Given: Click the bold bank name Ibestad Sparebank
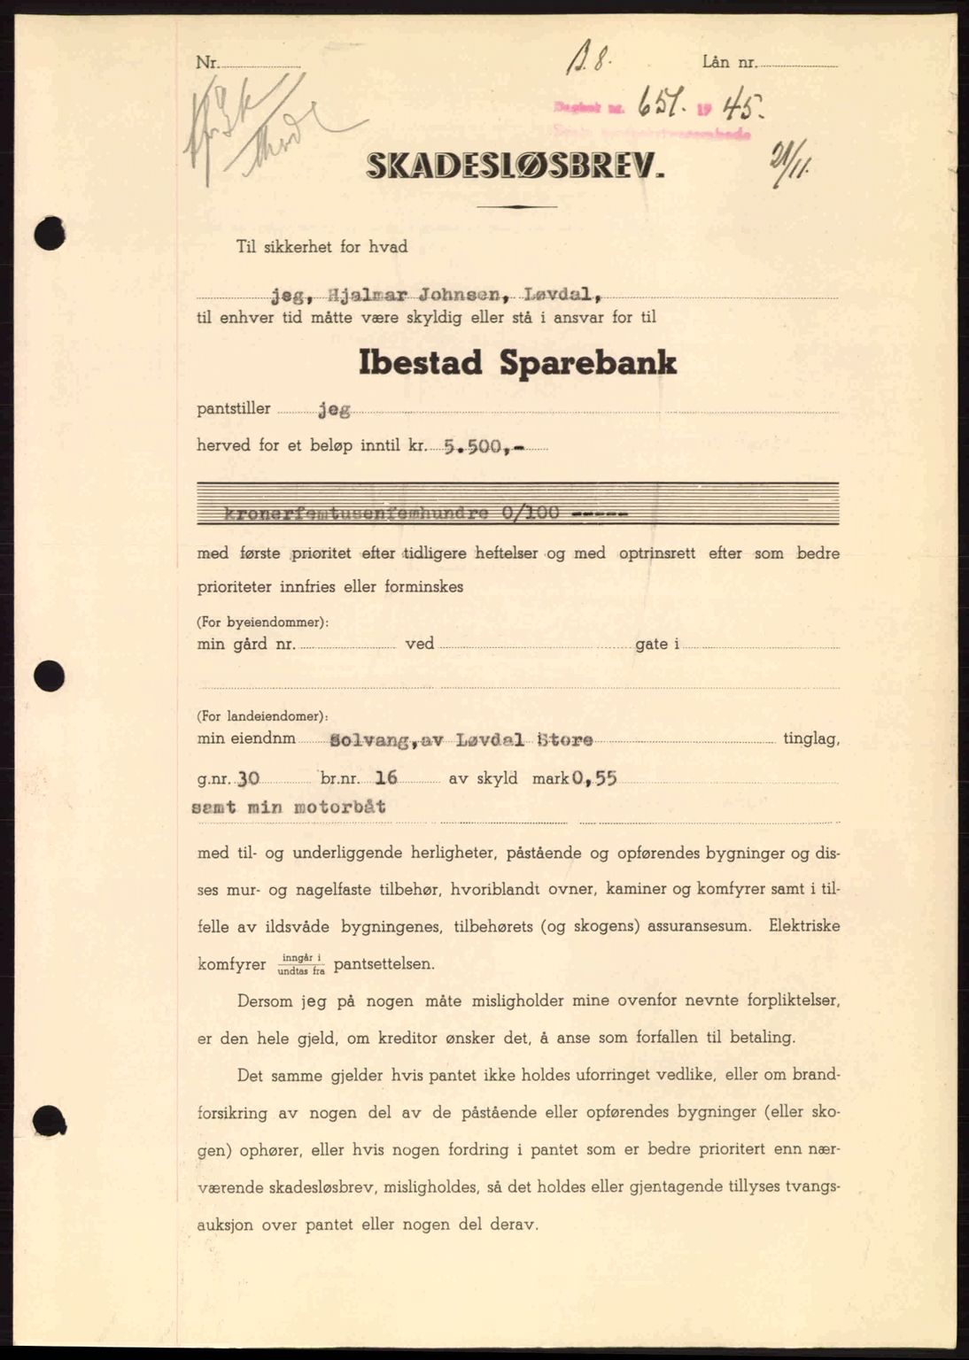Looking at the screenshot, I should pyautogui.click(x=517, y=363).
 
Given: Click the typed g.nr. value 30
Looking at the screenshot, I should pyautogui.click(x=249, y=778).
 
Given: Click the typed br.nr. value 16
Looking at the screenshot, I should pyautogui.click(x=386, y=778).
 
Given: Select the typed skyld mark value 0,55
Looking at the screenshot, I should pyautogui.click(x=594, y=778).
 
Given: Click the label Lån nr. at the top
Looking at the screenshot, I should pyautogui.click(x=729, y=62).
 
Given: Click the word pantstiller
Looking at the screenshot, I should pyautogui.click(x=234, y=409).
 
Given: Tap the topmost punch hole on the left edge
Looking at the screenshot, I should pyautogui.click(x=50, y=235).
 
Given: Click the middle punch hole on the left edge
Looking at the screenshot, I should pyautogui.click(x=50, y=676).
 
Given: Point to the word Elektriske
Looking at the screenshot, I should pyautogui.click(x=804, y=926).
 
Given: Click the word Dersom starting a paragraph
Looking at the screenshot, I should pyautogui.click(x=268, y=1001).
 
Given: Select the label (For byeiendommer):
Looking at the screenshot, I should pyautogui.click(x=263, y=622).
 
